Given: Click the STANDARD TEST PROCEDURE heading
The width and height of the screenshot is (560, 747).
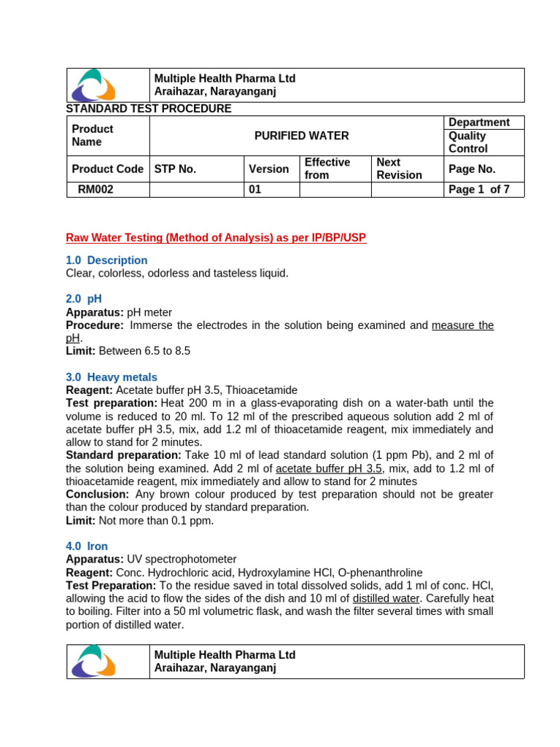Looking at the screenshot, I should [x=149, y=109].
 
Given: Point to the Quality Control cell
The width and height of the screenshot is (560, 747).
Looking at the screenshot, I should [x=468, y=142].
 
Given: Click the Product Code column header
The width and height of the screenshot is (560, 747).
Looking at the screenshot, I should [x=108, y=169].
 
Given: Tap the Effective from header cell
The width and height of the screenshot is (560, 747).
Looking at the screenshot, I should [x=327, y=169].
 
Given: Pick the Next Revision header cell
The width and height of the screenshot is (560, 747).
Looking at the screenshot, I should [x=399, y=169].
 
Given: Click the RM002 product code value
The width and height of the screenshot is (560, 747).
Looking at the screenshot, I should [x=96, y=190].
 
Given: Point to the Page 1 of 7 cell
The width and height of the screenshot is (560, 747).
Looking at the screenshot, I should [x=479, y=190].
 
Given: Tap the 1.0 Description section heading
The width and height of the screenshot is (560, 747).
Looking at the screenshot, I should [x=106, y=260].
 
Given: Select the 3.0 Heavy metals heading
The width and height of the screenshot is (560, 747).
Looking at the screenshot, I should [x=112, y=377].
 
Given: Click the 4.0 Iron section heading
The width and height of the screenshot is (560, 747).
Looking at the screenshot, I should [x=87, y=546].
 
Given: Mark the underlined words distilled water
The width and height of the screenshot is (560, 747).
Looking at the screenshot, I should [x=386, y=599].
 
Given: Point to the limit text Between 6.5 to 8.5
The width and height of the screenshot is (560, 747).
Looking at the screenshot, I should [x=144, y=351].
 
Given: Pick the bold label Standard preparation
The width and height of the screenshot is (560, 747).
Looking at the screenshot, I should [x=123, y=455].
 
